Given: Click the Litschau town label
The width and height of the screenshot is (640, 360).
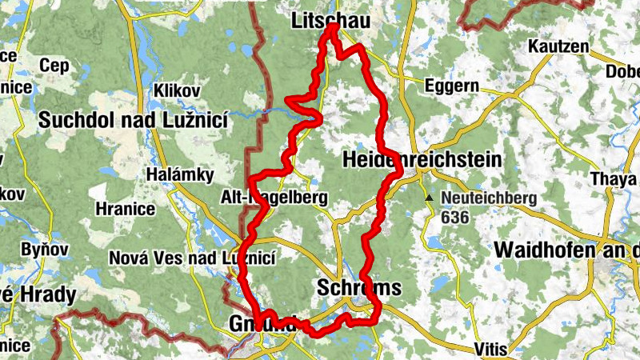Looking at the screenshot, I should click(x=331, y=22).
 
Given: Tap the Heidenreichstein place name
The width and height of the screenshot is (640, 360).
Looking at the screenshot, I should click(x=422, y=160).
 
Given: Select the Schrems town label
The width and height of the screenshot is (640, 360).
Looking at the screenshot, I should click(x=358, y=287).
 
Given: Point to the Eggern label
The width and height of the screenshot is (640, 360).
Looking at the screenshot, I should click(x=451, y=85).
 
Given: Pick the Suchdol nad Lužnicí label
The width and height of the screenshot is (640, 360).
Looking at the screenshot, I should click(x=134, y=120).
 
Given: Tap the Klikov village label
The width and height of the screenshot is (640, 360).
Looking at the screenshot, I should click(x=177, y=89).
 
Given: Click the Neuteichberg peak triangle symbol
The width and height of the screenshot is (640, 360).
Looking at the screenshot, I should click(x=430, y=197).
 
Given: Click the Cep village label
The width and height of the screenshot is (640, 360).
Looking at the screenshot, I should click(x=55, y=66).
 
